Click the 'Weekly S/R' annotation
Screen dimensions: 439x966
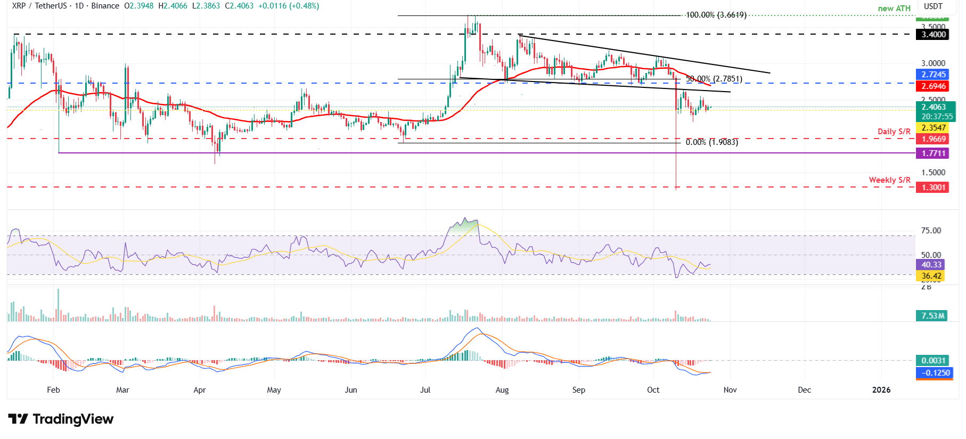889,180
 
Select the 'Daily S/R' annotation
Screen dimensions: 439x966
894,132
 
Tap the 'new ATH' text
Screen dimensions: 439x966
894,9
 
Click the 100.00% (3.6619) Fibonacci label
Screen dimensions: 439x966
716,15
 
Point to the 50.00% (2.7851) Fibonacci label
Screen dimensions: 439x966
714,79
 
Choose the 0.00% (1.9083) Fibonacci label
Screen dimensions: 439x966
711,142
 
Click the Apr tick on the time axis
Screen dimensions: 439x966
200,390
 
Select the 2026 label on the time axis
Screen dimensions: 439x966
881,390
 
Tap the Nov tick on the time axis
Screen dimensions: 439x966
730,390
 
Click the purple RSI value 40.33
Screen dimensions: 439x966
931,265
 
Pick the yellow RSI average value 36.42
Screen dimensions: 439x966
931,276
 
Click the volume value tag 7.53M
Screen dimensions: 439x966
933,316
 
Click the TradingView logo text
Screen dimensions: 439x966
73,419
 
